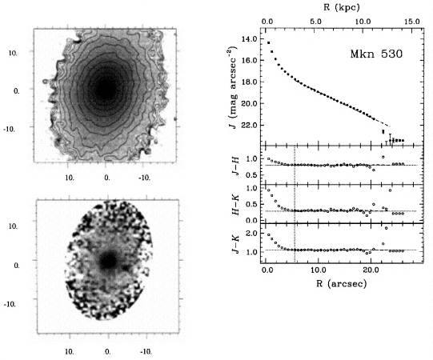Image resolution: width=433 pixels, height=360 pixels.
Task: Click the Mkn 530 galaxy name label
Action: [x=376, y=54]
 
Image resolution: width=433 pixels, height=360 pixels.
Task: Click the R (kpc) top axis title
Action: [x=342, y=7]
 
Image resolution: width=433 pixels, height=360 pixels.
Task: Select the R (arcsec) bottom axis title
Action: [x=342, y=283]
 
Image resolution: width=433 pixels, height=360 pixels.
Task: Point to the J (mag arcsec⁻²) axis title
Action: [x=233, y=88]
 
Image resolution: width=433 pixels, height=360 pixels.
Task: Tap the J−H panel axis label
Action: [x=235, y=166]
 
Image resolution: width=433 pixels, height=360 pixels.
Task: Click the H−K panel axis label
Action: [x=235, y=205]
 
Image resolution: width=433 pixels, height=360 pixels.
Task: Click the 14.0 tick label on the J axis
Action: [x=249, y=39]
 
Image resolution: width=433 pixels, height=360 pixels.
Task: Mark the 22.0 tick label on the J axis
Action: [x=249, y=126]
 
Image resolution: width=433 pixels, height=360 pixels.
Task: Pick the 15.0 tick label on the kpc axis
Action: [x=412, y=22]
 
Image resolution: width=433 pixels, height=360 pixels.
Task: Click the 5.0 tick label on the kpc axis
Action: [x=315, y=22]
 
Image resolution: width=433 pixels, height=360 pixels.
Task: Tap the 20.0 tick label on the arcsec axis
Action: [x=371, y=270]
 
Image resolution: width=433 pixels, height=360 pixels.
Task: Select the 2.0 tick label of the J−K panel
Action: [x=251, y=233]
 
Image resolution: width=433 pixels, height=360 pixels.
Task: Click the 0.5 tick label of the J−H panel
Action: [x=251, y=175]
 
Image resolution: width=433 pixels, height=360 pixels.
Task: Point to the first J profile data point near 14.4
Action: [x=268, y=42]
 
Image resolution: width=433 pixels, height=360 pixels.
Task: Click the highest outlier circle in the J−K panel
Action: [x=386, y=228]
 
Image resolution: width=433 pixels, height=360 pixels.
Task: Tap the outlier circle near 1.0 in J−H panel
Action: [x=383, y=157]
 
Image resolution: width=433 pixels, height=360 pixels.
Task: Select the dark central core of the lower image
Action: [x=109, y=261]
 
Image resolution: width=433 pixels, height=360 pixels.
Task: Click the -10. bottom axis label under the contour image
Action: [x=144, y=178]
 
